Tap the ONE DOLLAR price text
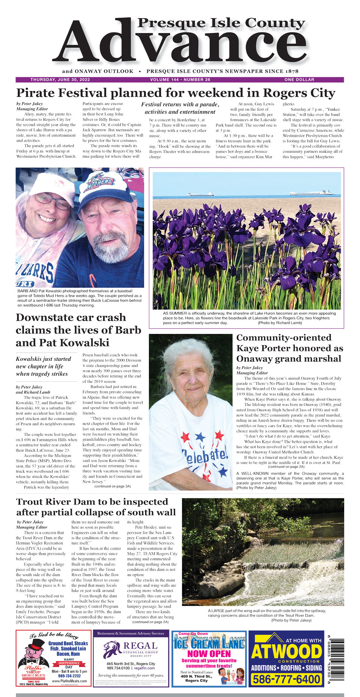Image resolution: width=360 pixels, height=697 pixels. point(299,80)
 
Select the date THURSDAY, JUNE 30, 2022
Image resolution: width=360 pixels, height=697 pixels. point(60,80)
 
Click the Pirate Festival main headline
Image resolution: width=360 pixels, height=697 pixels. point(175,93)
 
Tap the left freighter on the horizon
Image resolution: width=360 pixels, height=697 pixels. point(200,194)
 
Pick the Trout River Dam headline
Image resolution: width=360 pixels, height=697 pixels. point(96,507)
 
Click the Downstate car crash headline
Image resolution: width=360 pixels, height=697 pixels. point(78,330)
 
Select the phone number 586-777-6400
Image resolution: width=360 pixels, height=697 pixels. point(286,679)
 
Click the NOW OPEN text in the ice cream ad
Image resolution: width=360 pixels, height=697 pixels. point(209,653)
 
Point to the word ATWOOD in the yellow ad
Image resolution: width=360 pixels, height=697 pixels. point(286,652)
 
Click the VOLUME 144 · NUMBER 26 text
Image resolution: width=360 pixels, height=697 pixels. point(180,80)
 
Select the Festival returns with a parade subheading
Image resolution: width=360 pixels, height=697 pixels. point(180,108)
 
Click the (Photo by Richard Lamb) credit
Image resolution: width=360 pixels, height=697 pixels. point(280,323)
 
